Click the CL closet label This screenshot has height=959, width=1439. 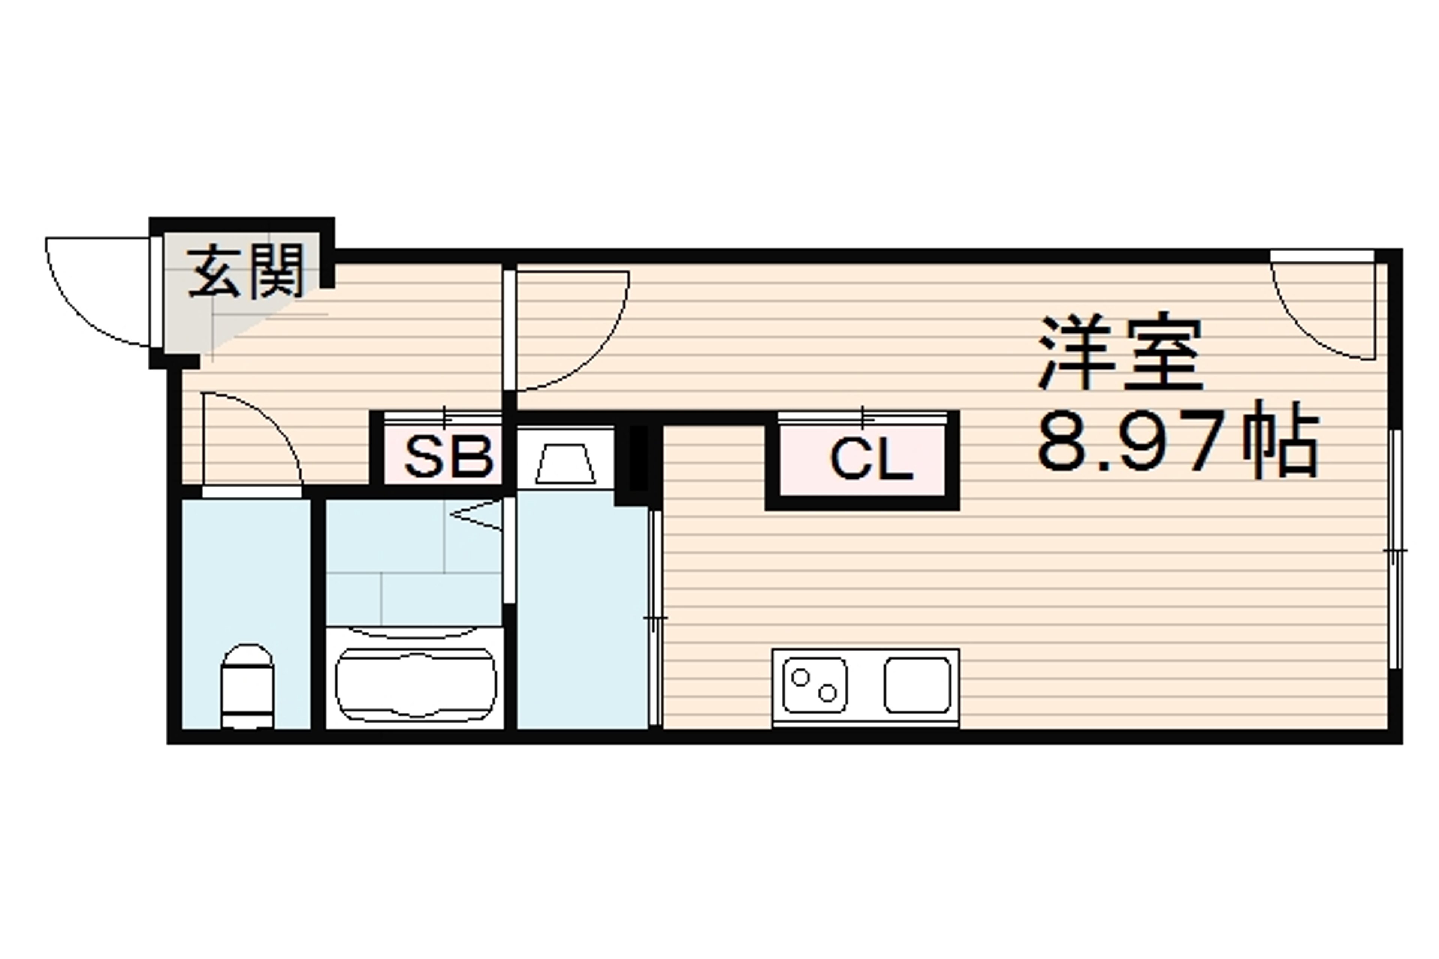(x=871, y=460)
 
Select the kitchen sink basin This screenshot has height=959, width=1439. (x=917, y=685)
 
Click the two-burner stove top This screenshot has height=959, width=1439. (x=815, y=685)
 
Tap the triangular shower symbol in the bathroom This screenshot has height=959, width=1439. (x=476, y=515)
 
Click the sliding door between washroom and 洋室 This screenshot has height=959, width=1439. (x=655, y=618)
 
